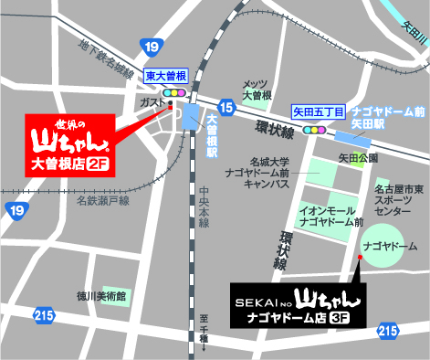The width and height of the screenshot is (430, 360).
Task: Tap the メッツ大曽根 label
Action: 256,90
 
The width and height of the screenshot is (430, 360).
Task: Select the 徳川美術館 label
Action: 101,296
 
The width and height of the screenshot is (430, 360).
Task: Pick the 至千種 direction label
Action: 205,338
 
